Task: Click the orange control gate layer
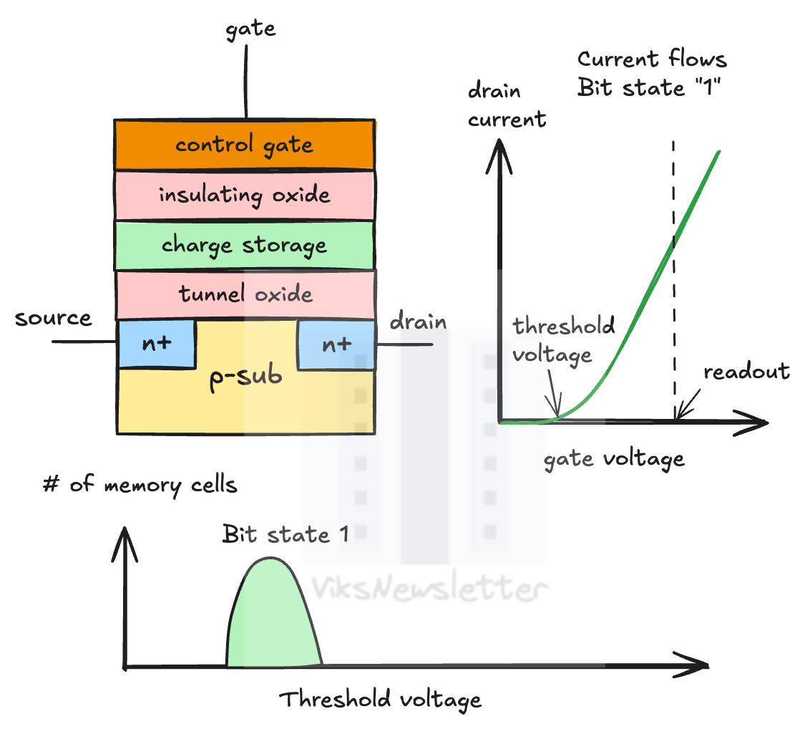click(244, 145)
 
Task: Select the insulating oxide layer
click(244, 195)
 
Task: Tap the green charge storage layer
click(244, 245)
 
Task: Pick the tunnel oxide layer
click(245, 294)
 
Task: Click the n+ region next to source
click(157, 343)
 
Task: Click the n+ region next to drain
click(336, 344)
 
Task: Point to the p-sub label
click(245, 377)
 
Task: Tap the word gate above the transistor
click(250, 30)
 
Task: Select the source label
click(53, 318)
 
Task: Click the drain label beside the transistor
click(418, 322)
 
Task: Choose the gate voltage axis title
click(614, 458)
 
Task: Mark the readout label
click(746, 372)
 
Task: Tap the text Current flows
click(652, 59)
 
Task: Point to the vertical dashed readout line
click(673, 286)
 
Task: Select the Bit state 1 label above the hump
click(285, 534)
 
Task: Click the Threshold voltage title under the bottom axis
click(380, 700)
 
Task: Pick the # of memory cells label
click(140, 486)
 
